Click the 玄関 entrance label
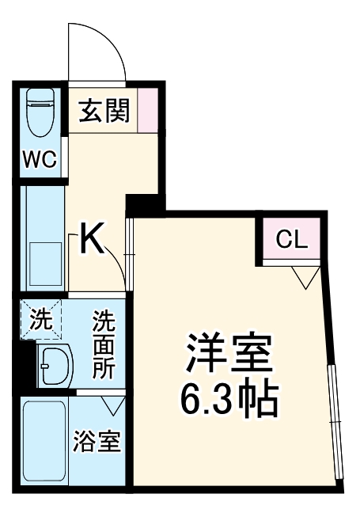click(x=103, y=112)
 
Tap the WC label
click(x=39, y=159)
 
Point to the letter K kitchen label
click(x=93, y=239)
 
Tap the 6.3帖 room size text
click(x=229, y=401)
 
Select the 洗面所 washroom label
click(x=104, y=345)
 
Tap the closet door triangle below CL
click(x=305, y=277)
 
